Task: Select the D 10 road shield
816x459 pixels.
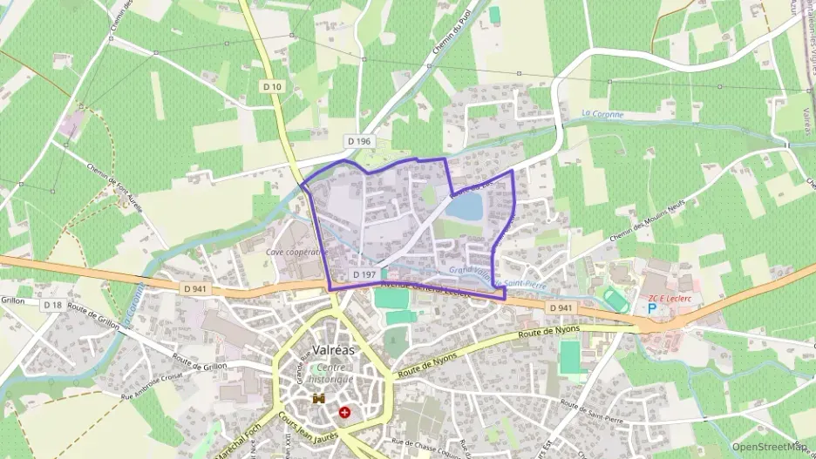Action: (274, 86)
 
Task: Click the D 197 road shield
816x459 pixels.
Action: (365, 275)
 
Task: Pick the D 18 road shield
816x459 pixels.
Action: (53, 305)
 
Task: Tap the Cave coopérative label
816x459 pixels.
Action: (295, 252)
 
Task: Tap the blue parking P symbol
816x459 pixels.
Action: (652, 308)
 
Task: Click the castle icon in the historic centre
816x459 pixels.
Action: (318, 399)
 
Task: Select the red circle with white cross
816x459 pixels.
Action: (347, 411)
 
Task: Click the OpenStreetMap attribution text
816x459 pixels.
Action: (769, 447)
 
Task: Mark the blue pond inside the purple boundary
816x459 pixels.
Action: (464, 206)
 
